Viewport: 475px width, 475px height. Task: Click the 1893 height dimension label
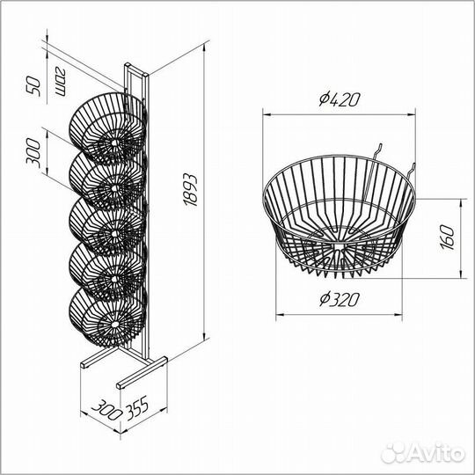click(191, 189)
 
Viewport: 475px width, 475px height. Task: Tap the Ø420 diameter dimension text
click(340, 99)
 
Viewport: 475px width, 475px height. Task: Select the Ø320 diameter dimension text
click(340, 300)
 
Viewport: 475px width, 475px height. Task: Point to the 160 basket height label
click(448, 237)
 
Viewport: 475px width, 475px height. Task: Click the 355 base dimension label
click(137, 407)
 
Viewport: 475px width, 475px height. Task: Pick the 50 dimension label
click(33, 86)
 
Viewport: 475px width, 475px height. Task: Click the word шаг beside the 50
click(61, 81)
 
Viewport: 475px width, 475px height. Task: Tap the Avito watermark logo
click(422, 453)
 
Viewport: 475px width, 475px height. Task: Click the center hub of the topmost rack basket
click(115, 142)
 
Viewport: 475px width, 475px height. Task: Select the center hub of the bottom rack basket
click(114, 325)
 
